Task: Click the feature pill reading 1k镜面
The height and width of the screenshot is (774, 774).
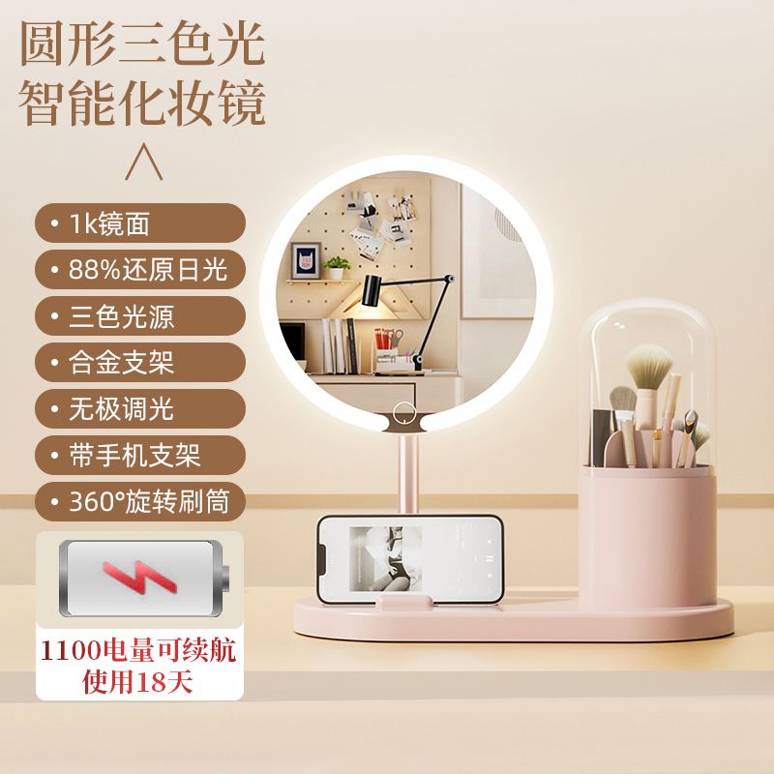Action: coord(140,223)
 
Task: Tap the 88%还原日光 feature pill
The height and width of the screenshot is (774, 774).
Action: coord(140,270)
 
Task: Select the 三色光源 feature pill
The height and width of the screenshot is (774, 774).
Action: coord(140,316)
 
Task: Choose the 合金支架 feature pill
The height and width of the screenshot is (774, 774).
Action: coord(140,362)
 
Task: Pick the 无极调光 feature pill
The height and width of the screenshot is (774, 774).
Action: coord(140,408)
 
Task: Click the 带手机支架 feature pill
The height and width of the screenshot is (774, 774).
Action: coord(140,455)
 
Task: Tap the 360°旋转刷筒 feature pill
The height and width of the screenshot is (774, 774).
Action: coord(140,501)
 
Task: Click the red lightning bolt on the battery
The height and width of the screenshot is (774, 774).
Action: coord(139,577)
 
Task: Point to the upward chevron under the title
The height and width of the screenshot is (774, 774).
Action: coord(143,162)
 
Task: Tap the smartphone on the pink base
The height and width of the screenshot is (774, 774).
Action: coord(409,559)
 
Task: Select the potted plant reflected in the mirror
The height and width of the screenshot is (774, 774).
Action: coord(337,268)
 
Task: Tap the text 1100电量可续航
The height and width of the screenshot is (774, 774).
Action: coord(138,649)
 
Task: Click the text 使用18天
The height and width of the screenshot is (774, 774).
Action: coord(137,682)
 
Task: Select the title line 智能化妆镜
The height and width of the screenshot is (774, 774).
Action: coord(142,104)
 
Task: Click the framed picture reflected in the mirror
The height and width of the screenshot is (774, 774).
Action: coord(306,260)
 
